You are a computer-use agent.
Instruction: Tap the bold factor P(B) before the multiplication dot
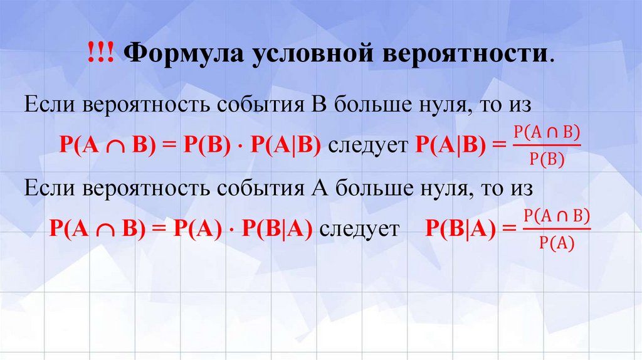click(204, 145)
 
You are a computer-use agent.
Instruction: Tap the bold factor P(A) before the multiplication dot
click(195, 229)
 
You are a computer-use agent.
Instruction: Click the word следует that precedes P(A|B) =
click(367, 145)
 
